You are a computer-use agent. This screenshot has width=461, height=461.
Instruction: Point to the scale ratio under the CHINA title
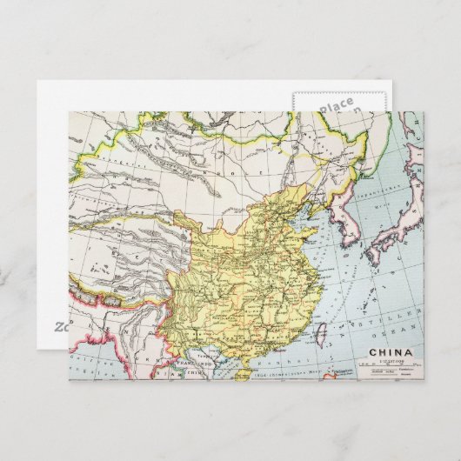tap(388, 361)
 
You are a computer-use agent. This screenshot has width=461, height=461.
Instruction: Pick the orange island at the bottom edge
tap(329, 377)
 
